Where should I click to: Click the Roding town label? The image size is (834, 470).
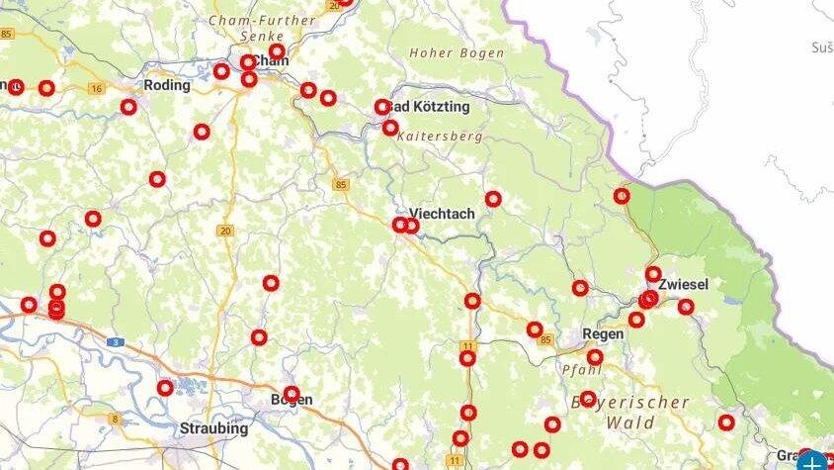[166, 85]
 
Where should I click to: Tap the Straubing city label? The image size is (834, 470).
[213, 429]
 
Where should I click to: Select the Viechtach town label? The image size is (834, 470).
[442, 214]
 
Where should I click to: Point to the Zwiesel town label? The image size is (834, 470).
[683, 284]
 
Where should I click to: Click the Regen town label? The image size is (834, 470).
[603, 334]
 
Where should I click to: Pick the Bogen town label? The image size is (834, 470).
[291, 401]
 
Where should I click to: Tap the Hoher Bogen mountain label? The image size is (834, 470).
[457, 53]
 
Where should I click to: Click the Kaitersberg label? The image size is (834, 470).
[441, 137]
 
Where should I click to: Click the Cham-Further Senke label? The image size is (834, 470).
[262, 27]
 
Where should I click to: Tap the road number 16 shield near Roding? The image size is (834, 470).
[96, 89]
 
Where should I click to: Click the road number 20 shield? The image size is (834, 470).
[225, 231]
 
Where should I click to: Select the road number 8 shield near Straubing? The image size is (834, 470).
[115, 419]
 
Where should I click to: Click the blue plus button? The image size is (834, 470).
[813, 462]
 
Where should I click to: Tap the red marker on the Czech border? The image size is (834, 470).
[622, 196]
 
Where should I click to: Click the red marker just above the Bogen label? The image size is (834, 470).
[291, 393]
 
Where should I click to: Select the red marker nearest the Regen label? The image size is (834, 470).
[595, 357]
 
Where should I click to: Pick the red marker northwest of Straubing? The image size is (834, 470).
[165, 388]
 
